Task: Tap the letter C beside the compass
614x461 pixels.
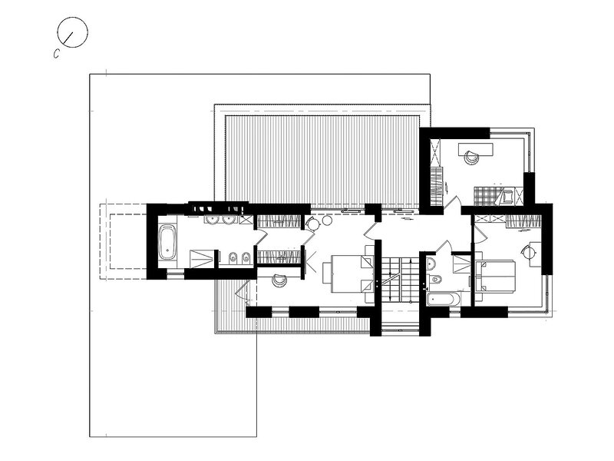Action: click(56, 54)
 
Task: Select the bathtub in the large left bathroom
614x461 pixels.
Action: click(167, 242)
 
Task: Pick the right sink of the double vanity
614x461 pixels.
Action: click(229, 220)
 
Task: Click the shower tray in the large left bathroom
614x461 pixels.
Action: click(202, 259)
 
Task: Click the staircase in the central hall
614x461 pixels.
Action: click(397, 279)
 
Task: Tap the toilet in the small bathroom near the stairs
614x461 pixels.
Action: click(435, 279)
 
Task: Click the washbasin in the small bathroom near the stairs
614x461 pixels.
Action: click(431, 263)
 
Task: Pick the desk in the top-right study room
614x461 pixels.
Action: click(475, 149)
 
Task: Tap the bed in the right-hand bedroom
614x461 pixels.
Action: click(494, 276)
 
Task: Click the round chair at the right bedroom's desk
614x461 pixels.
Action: click(528, 250)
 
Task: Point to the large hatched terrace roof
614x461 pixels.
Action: click(323, 160)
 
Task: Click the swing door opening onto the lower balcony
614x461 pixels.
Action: click(243, 292)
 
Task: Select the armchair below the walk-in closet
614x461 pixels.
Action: click(280, 280)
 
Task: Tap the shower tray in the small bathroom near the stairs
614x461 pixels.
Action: click(462, 264)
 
